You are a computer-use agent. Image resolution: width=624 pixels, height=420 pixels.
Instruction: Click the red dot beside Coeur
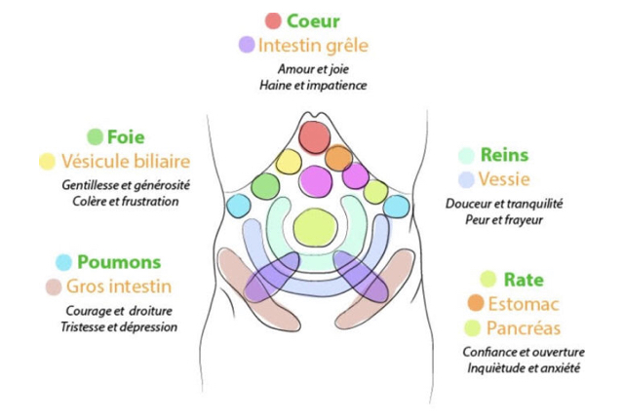pos(273,19)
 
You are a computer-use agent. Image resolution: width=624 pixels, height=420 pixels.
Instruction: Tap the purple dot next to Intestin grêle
pos(247,44)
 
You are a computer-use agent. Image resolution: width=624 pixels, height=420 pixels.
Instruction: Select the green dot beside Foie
pos(96,136)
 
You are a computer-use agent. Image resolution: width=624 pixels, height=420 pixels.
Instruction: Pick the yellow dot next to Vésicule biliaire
pos(47,161)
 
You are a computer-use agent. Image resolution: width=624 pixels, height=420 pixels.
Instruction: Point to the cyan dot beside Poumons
pos(64,262)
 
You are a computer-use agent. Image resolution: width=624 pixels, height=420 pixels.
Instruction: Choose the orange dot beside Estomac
pos(476,303)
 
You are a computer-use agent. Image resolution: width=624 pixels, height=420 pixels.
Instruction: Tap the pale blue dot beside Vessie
pos(467,179)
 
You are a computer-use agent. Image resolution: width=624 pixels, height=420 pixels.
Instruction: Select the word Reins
pos(506,155)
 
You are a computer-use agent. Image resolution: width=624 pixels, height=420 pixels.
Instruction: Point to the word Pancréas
pos(527,327)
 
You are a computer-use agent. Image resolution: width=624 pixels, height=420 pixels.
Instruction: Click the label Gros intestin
pos(118,286)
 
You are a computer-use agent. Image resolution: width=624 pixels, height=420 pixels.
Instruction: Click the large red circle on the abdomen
pos(315,137)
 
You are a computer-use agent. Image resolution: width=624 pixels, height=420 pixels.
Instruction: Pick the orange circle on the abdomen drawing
pos(338,157)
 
